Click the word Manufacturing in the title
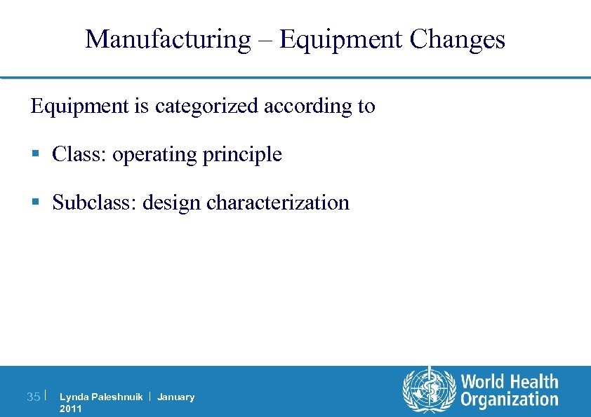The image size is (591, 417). [167, 39]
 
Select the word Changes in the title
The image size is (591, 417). [457, 39]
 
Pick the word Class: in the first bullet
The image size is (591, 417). [79, 154]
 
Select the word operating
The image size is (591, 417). [154, 154]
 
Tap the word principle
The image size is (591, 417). [242, 155]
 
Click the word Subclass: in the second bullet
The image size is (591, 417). [95, 203]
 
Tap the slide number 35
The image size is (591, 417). [33, 397]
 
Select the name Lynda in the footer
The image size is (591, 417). [73, 397]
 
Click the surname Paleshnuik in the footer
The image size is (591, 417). [116, 397]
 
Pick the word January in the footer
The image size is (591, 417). [176, 397]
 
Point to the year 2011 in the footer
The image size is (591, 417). [71, 409]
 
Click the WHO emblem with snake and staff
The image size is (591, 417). [427, 390]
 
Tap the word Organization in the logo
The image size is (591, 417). [510, 400]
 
